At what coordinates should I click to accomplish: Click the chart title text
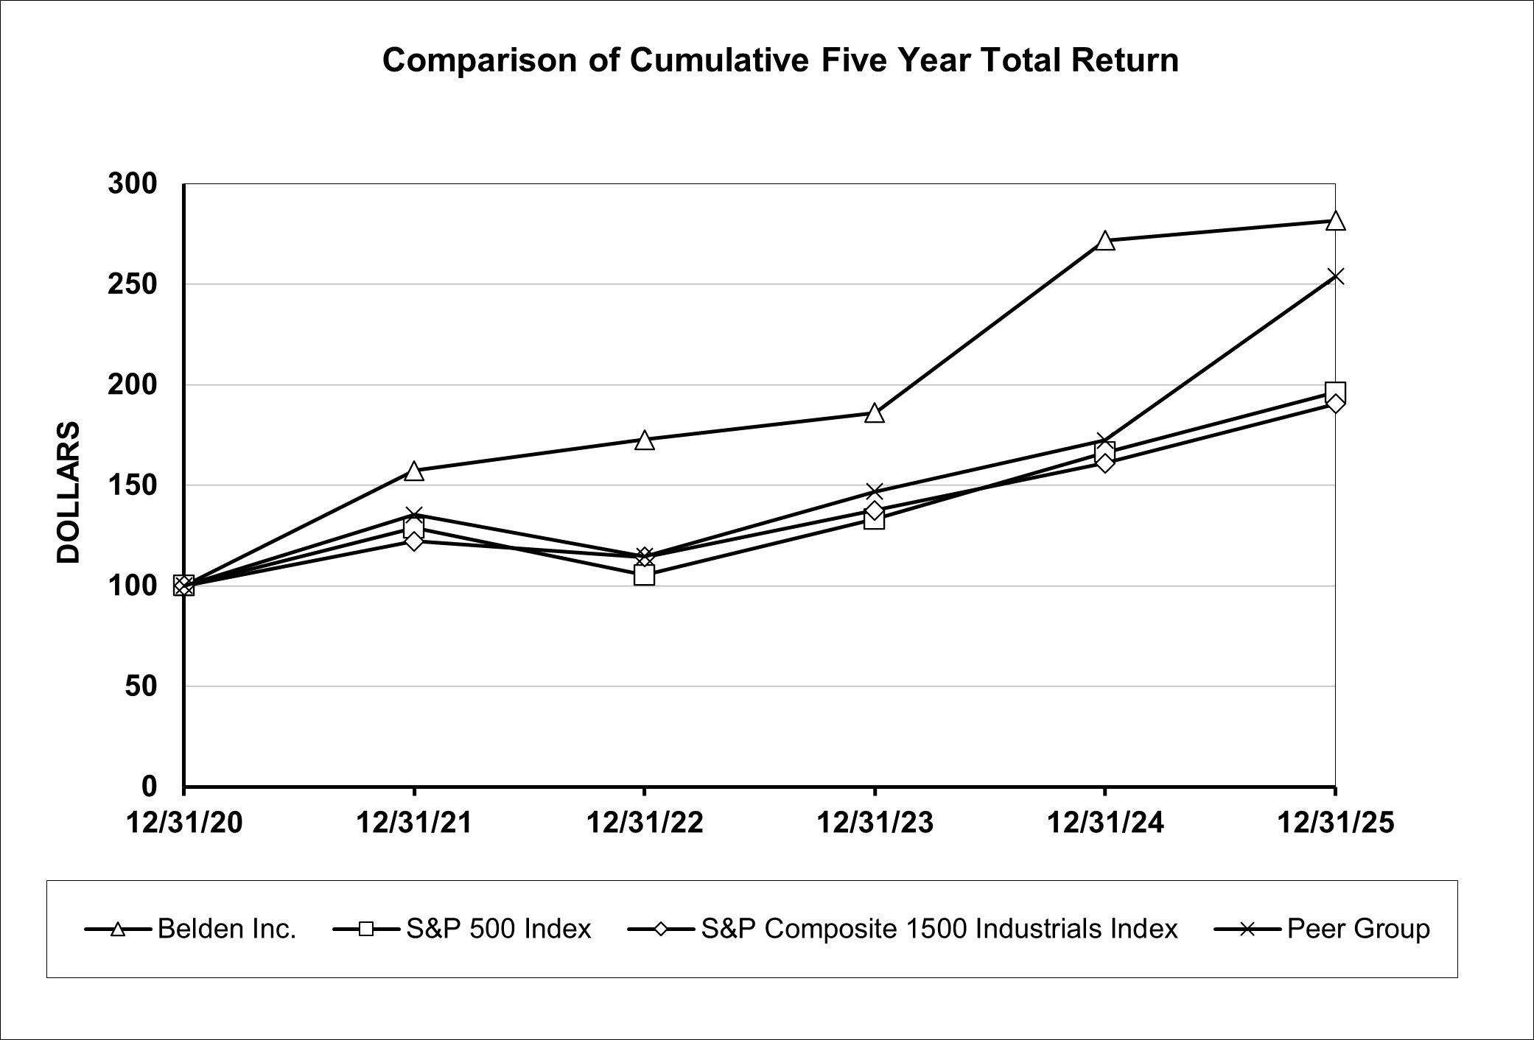point(780,60)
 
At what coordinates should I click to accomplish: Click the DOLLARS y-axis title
point(69,492)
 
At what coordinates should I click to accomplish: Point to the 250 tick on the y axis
point(133,284)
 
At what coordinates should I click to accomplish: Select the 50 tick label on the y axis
point(141,686)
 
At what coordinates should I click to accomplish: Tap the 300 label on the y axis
point(133,184)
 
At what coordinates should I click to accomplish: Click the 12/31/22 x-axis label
point(644,823)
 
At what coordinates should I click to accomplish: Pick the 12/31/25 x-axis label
point(1335,823)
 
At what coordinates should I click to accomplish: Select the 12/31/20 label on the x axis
point(184,823)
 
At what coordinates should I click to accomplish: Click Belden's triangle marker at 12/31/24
point(1104,241)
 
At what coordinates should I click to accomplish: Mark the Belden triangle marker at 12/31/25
point(1335,221)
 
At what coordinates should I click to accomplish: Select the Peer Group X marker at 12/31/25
point(1335,276)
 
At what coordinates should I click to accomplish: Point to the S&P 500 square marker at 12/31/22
point(644,575)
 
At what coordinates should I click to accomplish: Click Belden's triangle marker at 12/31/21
point(414,471)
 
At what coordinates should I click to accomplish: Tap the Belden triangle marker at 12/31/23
point(875,413)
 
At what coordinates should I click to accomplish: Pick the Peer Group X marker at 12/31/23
point(875,491)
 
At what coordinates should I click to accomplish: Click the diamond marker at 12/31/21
point(414,541)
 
